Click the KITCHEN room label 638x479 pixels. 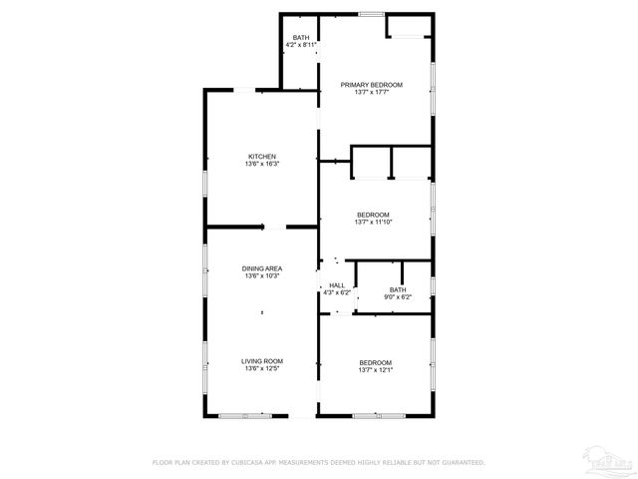point(262,156)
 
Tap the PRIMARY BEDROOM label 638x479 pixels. point(371,85)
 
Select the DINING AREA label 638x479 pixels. point(262,268)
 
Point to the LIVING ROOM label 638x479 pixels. point(262,361)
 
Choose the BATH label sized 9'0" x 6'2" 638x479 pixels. point(398,289)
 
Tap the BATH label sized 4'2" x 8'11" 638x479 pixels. point(300,38)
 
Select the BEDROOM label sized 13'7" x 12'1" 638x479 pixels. point(375,362)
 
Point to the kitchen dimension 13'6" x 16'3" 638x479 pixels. point(262,164)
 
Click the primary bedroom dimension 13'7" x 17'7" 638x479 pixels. point(371,93)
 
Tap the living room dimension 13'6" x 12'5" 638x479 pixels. point(262,369)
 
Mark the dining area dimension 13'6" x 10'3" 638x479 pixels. point(262,276)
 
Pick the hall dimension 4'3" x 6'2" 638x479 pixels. point(337,293)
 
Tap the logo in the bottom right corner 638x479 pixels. point(610,460)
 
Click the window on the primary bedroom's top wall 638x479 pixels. point(372,13)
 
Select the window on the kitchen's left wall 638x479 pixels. point(205,185)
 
